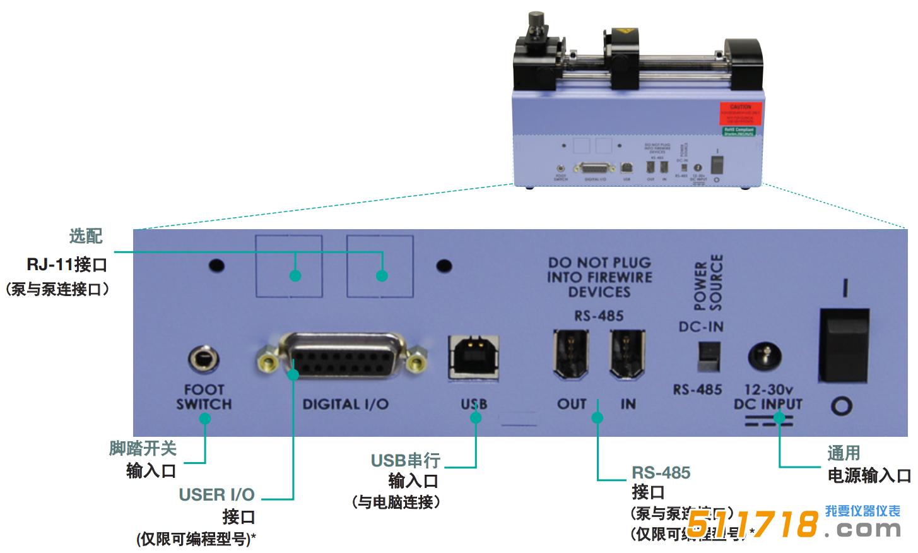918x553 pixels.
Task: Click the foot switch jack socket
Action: (204, 359)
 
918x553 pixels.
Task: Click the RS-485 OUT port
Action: (572, 355)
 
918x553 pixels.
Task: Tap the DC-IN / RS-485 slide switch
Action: (709, 357)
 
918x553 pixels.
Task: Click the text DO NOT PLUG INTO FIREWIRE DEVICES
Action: (599, 277)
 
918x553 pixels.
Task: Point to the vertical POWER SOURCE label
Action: (708, 283)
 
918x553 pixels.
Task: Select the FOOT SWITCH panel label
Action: (204, 397)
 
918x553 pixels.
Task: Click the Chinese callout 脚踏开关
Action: (143, 448)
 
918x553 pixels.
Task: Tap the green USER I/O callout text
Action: (216, 495)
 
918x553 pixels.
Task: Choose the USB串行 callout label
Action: (405, 461)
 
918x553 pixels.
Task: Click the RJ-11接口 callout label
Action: (67, 264)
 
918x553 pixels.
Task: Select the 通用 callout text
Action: (844, 453)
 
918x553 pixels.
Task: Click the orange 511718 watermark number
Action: (751, 523)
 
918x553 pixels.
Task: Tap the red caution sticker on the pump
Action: (741, 114)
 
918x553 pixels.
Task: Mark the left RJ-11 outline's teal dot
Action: (295, 275)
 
